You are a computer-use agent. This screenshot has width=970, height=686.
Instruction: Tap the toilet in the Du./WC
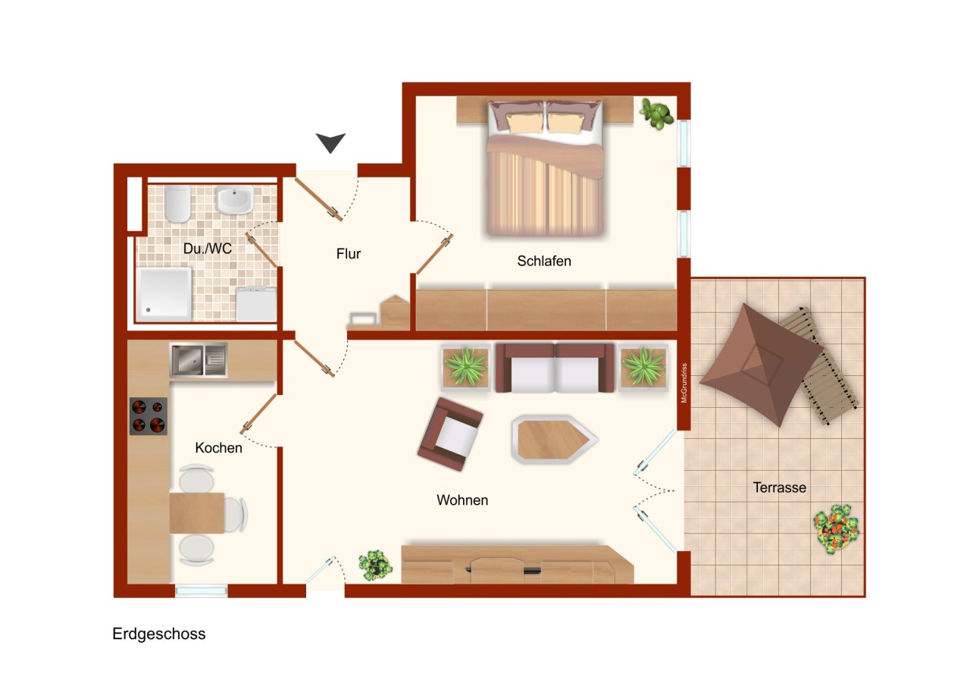tap(178, 203)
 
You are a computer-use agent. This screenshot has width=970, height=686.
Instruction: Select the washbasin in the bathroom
tap(234, 200)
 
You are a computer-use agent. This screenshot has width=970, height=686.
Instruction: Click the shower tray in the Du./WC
tap(164, 293)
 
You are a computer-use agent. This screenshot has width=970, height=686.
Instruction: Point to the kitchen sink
tap(198, 360)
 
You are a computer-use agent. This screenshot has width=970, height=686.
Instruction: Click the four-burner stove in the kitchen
tap(148, 416)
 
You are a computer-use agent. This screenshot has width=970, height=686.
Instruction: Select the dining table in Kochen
tap(196, 512)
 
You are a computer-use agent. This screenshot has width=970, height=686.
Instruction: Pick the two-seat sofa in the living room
tap(555, 368)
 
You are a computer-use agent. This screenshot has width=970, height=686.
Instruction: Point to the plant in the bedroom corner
tap(656, 114)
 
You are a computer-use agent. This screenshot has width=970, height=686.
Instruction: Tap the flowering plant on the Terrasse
tap(837, 528)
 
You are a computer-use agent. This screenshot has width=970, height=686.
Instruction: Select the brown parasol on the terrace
tap(759, 364)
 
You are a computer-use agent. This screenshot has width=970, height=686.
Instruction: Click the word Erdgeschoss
tap(159, 634)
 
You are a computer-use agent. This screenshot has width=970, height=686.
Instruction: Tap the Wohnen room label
tap(462, 500)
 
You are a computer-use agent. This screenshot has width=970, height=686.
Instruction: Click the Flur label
tap(349, 254)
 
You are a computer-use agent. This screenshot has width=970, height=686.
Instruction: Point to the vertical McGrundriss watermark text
tap(684, 383)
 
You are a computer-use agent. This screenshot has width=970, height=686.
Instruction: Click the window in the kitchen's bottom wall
tap(201, 590)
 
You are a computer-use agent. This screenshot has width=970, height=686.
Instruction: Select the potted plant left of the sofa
tap(465, 367)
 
